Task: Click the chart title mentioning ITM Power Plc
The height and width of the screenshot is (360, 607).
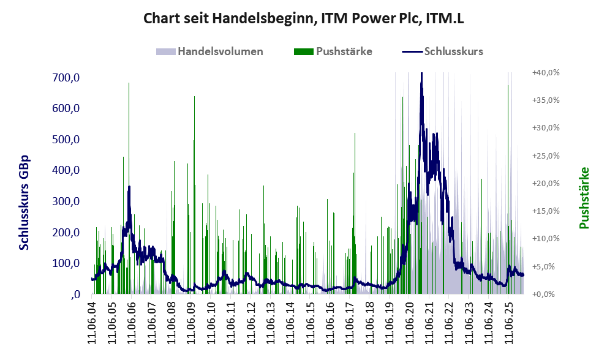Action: tap(303, 18)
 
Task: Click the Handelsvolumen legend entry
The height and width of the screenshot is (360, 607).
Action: tap(220, 51)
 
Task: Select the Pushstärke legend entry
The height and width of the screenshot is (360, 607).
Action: tap(344, 51)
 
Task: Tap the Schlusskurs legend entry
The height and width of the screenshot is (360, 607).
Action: tap(453, 51)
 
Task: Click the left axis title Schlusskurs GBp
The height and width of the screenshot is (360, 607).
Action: tap(25, 203)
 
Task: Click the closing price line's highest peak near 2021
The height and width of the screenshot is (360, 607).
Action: tap(421, 74)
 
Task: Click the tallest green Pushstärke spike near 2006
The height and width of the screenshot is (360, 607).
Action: tap(129, 84)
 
